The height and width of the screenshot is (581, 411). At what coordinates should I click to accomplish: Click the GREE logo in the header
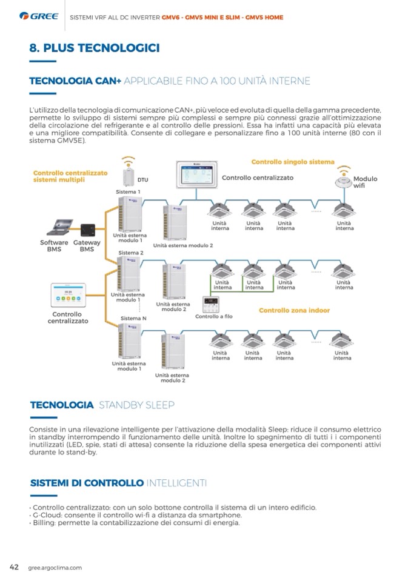pos(39,17)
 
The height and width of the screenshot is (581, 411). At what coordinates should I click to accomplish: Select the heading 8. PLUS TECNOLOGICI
pos(95,48)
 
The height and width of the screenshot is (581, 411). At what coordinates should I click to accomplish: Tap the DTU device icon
pos(128,175)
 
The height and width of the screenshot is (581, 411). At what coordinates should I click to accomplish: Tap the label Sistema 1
pos(128,192)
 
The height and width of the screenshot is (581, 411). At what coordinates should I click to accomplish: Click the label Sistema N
pos(133,318)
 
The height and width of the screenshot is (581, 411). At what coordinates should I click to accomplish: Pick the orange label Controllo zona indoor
pos(294,310)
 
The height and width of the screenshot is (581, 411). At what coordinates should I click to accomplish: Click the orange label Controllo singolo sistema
pos(292,162)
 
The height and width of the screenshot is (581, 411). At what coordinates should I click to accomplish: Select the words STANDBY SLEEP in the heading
pos(136,405)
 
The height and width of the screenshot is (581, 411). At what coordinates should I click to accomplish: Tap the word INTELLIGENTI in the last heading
pos(176,483)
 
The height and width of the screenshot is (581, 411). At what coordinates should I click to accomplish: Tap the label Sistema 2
pos(131,253)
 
